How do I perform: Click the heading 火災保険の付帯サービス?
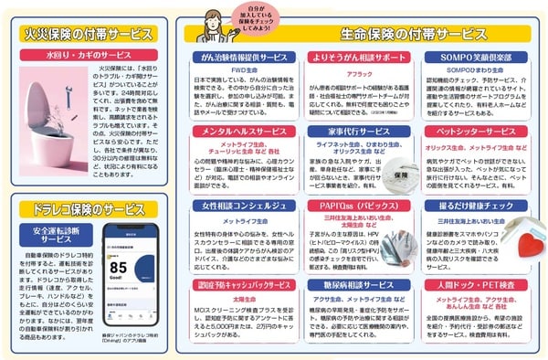pos(83,33)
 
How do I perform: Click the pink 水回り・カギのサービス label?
pos(84,56)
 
